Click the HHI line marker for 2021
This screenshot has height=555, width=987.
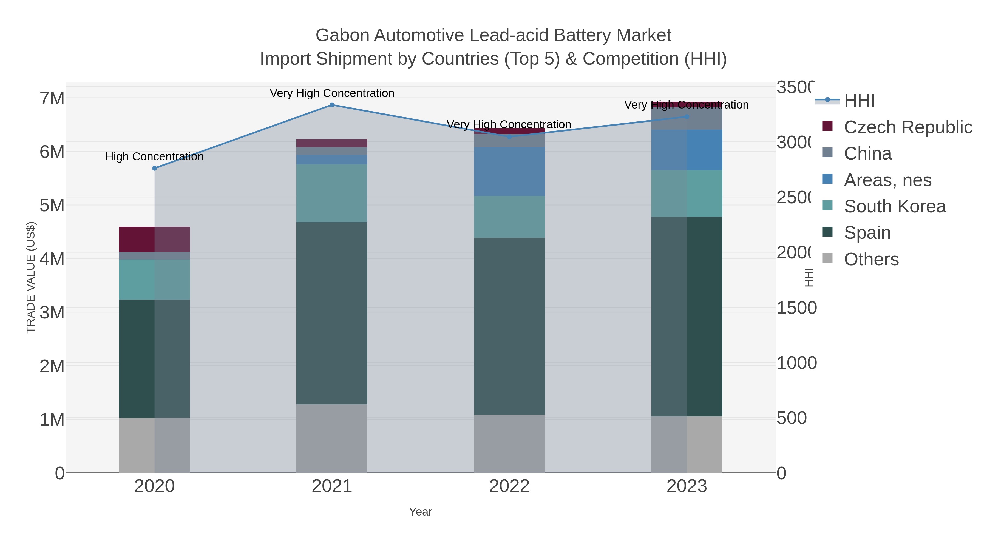click(332, 105)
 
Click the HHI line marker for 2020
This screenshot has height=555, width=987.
click(154, 168)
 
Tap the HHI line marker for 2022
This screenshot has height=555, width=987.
click(509, 137)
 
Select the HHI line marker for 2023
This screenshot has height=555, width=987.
click(687, 117)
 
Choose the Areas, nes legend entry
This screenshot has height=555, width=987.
click(887, 180)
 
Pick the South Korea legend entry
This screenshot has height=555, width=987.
click(895, 206)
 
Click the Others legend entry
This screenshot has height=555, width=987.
click(871, 259)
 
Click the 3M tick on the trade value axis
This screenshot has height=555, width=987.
click(52, 312)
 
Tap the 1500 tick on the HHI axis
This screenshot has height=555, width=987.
click(796, 308)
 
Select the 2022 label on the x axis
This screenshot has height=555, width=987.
click(509, 486)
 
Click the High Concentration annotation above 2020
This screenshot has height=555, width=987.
click(154, 157)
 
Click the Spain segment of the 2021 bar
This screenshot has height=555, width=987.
click(332, 313)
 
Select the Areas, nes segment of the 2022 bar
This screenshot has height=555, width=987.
click(509, 171)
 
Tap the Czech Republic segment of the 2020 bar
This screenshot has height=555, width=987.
click(154, 239)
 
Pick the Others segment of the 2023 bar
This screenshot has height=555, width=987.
click(687, 444)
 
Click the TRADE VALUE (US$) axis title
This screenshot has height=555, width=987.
click(31, 277)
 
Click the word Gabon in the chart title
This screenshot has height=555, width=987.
click(342, 35)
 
